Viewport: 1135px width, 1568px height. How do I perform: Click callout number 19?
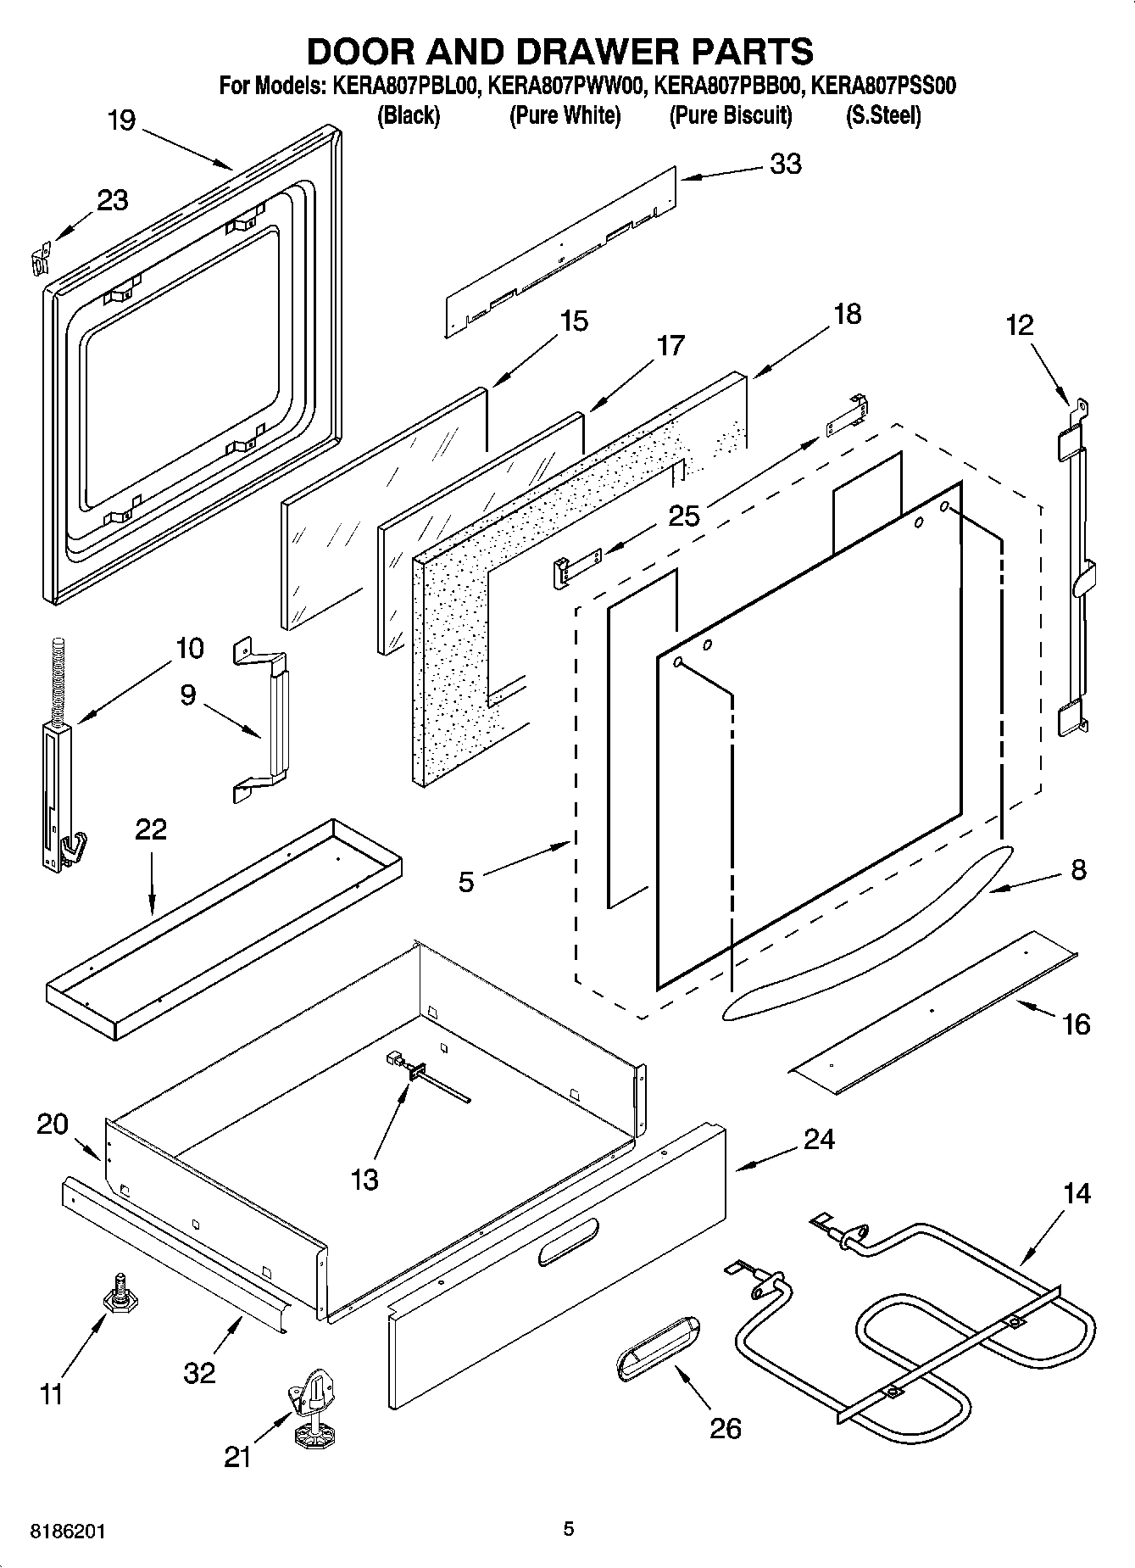(x=121, y=120)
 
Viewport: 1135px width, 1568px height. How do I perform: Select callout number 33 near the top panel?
(x=785, y=164)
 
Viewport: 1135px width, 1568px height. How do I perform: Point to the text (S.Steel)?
(x=883, y=115)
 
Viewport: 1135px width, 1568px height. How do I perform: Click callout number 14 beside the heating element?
(x=1077, y=1194)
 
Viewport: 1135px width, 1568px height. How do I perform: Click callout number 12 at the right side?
(x=1020, y=325)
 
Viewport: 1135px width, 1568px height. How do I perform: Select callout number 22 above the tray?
(x=151, y=829)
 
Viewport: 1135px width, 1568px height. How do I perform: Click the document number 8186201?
(x=68, y=1532)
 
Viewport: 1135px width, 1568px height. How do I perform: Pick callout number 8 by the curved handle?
(x=1077, y=869)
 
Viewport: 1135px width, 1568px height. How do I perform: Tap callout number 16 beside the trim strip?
(x=1076, y=1024)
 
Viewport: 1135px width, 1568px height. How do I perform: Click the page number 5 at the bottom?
(x=569, y=1529)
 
